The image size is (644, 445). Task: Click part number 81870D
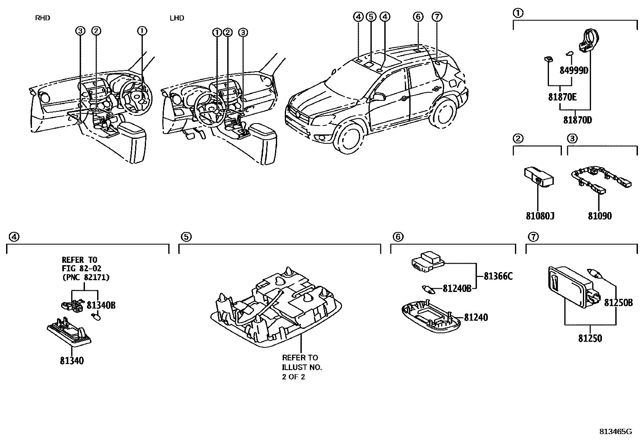(577, 120)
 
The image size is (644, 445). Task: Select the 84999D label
(574, 70)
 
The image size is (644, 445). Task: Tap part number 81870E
(562, 97)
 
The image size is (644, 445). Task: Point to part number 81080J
(540, 216)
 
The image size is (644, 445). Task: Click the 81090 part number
(600, 216)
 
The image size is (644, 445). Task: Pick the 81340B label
(101, 305)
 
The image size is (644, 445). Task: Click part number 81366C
(498, 277)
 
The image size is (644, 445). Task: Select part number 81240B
(457, 289)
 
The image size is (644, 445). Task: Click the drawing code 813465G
(615, 432)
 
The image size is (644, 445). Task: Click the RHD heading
(42, 18)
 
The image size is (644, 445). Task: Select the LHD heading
(177, 18)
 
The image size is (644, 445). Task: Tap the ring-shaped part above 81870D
(589, 41)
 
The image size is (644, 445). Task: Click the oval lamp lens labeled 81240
(431, 318)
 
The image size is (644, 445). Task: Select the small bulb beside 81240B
(427, 289)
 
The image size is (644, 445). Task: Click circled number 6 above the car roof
(418, 17)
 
